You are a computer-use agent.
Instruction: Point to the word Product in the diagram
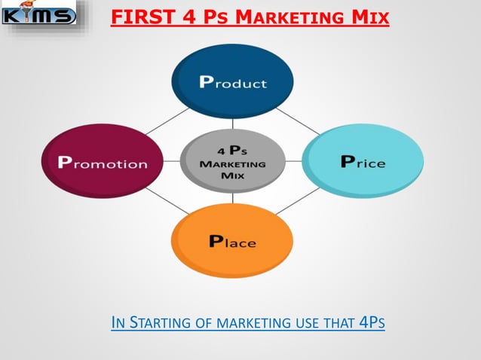tap(232, 83)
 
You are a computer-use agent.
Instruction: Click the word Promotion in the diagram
tap(103, 163)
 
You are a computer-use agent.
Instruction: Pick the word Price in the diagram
tap(363, 162)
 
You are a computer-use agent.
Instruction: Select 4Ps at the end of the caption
tap(372, 324)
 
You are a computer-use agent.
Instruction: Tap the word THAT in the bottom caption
tap(339, 324)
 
